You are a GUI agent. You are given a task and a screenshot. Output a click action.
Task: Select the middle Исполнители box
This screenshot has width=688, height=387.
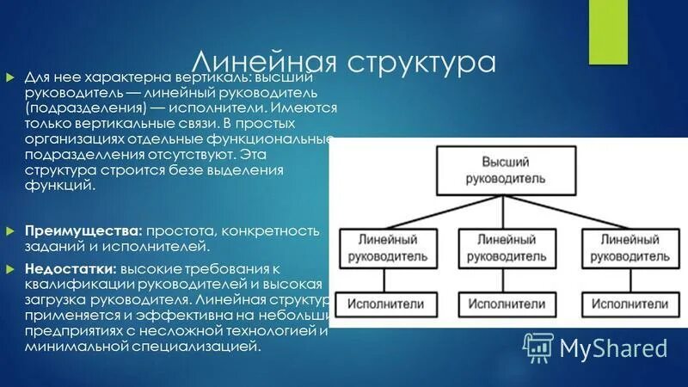click(507, 304)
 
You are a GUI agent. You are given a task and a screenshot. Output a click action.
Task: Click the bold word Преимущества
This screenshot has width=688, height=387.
click(83, 231)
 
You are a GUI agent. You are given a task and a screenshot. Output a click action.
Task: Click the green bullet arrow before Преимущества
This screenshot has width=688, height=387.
click(10, 231)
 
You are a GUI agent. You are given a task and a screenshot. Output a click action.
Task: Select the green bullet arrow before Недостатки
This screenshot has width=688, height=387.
click(10, 268)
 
